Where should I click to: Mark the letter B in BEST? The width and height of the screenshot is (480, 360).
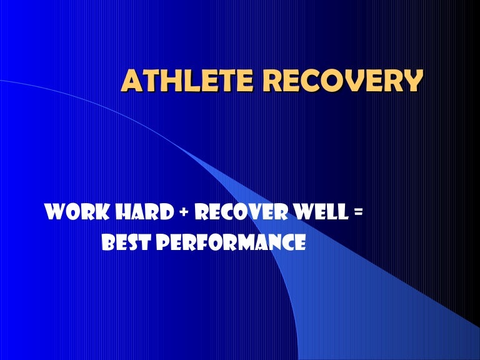[107, 241]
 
